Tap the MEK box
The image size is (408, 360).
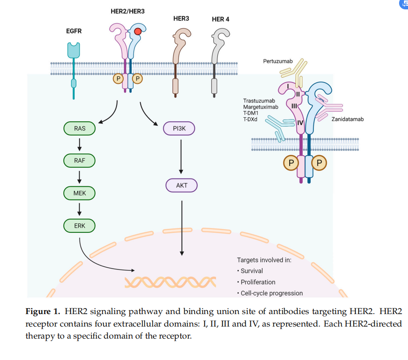(x=80, y=193)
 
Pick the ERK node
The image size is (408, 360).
(x=80, y=226)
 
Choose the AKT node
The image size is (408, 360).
(x=181, y=185)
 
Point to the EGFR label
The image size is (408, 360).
(x=74, y=31)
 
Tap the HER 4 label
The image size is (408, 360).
(x=221, y=19)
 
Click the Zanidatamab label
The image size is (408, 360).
(x=347, y=119)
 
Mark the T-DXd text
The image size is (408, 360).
(x=251, y=119)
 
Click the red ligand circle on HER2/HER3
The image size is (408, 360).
(x=138, y=32)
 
